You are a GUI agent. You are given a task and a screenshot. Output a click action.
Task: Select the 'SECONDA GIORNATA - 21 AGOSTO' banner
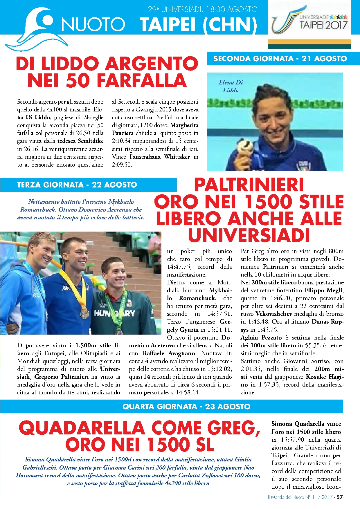click(280, 59)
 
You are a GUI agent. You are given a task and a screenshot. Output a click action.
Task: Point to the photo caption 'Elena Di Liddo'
click(231, 86)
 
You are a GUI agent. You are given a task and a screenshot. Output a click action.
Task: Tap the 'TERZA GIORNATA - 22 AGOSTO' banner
click(77, 185)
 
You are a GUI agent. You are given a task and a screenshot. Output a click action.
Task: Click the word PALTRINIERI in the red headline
click(249, 185)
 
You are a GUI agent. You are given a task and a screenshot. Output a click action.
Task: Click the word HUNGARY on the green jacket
click(115, 313)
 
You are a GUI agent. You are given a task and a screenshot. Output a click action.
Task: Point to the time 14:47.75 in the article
click(179, 267)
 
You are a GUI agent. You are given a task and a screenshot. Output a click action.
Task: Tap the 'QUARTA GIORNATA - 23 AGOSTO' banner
click(186, 406)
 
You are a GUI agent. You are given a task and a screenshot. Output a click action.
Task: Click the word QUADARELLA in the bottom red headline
click(82, 428)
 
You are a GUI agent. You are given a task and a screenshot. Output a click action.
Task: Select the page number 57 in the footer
click(340, 497)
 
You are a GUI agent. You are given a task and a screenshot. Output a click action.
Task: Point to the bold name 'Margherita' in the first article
click(184, 125)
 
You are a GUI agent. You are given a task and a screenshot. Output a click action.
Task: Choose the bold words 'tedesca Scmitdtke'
click(80, 141)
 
